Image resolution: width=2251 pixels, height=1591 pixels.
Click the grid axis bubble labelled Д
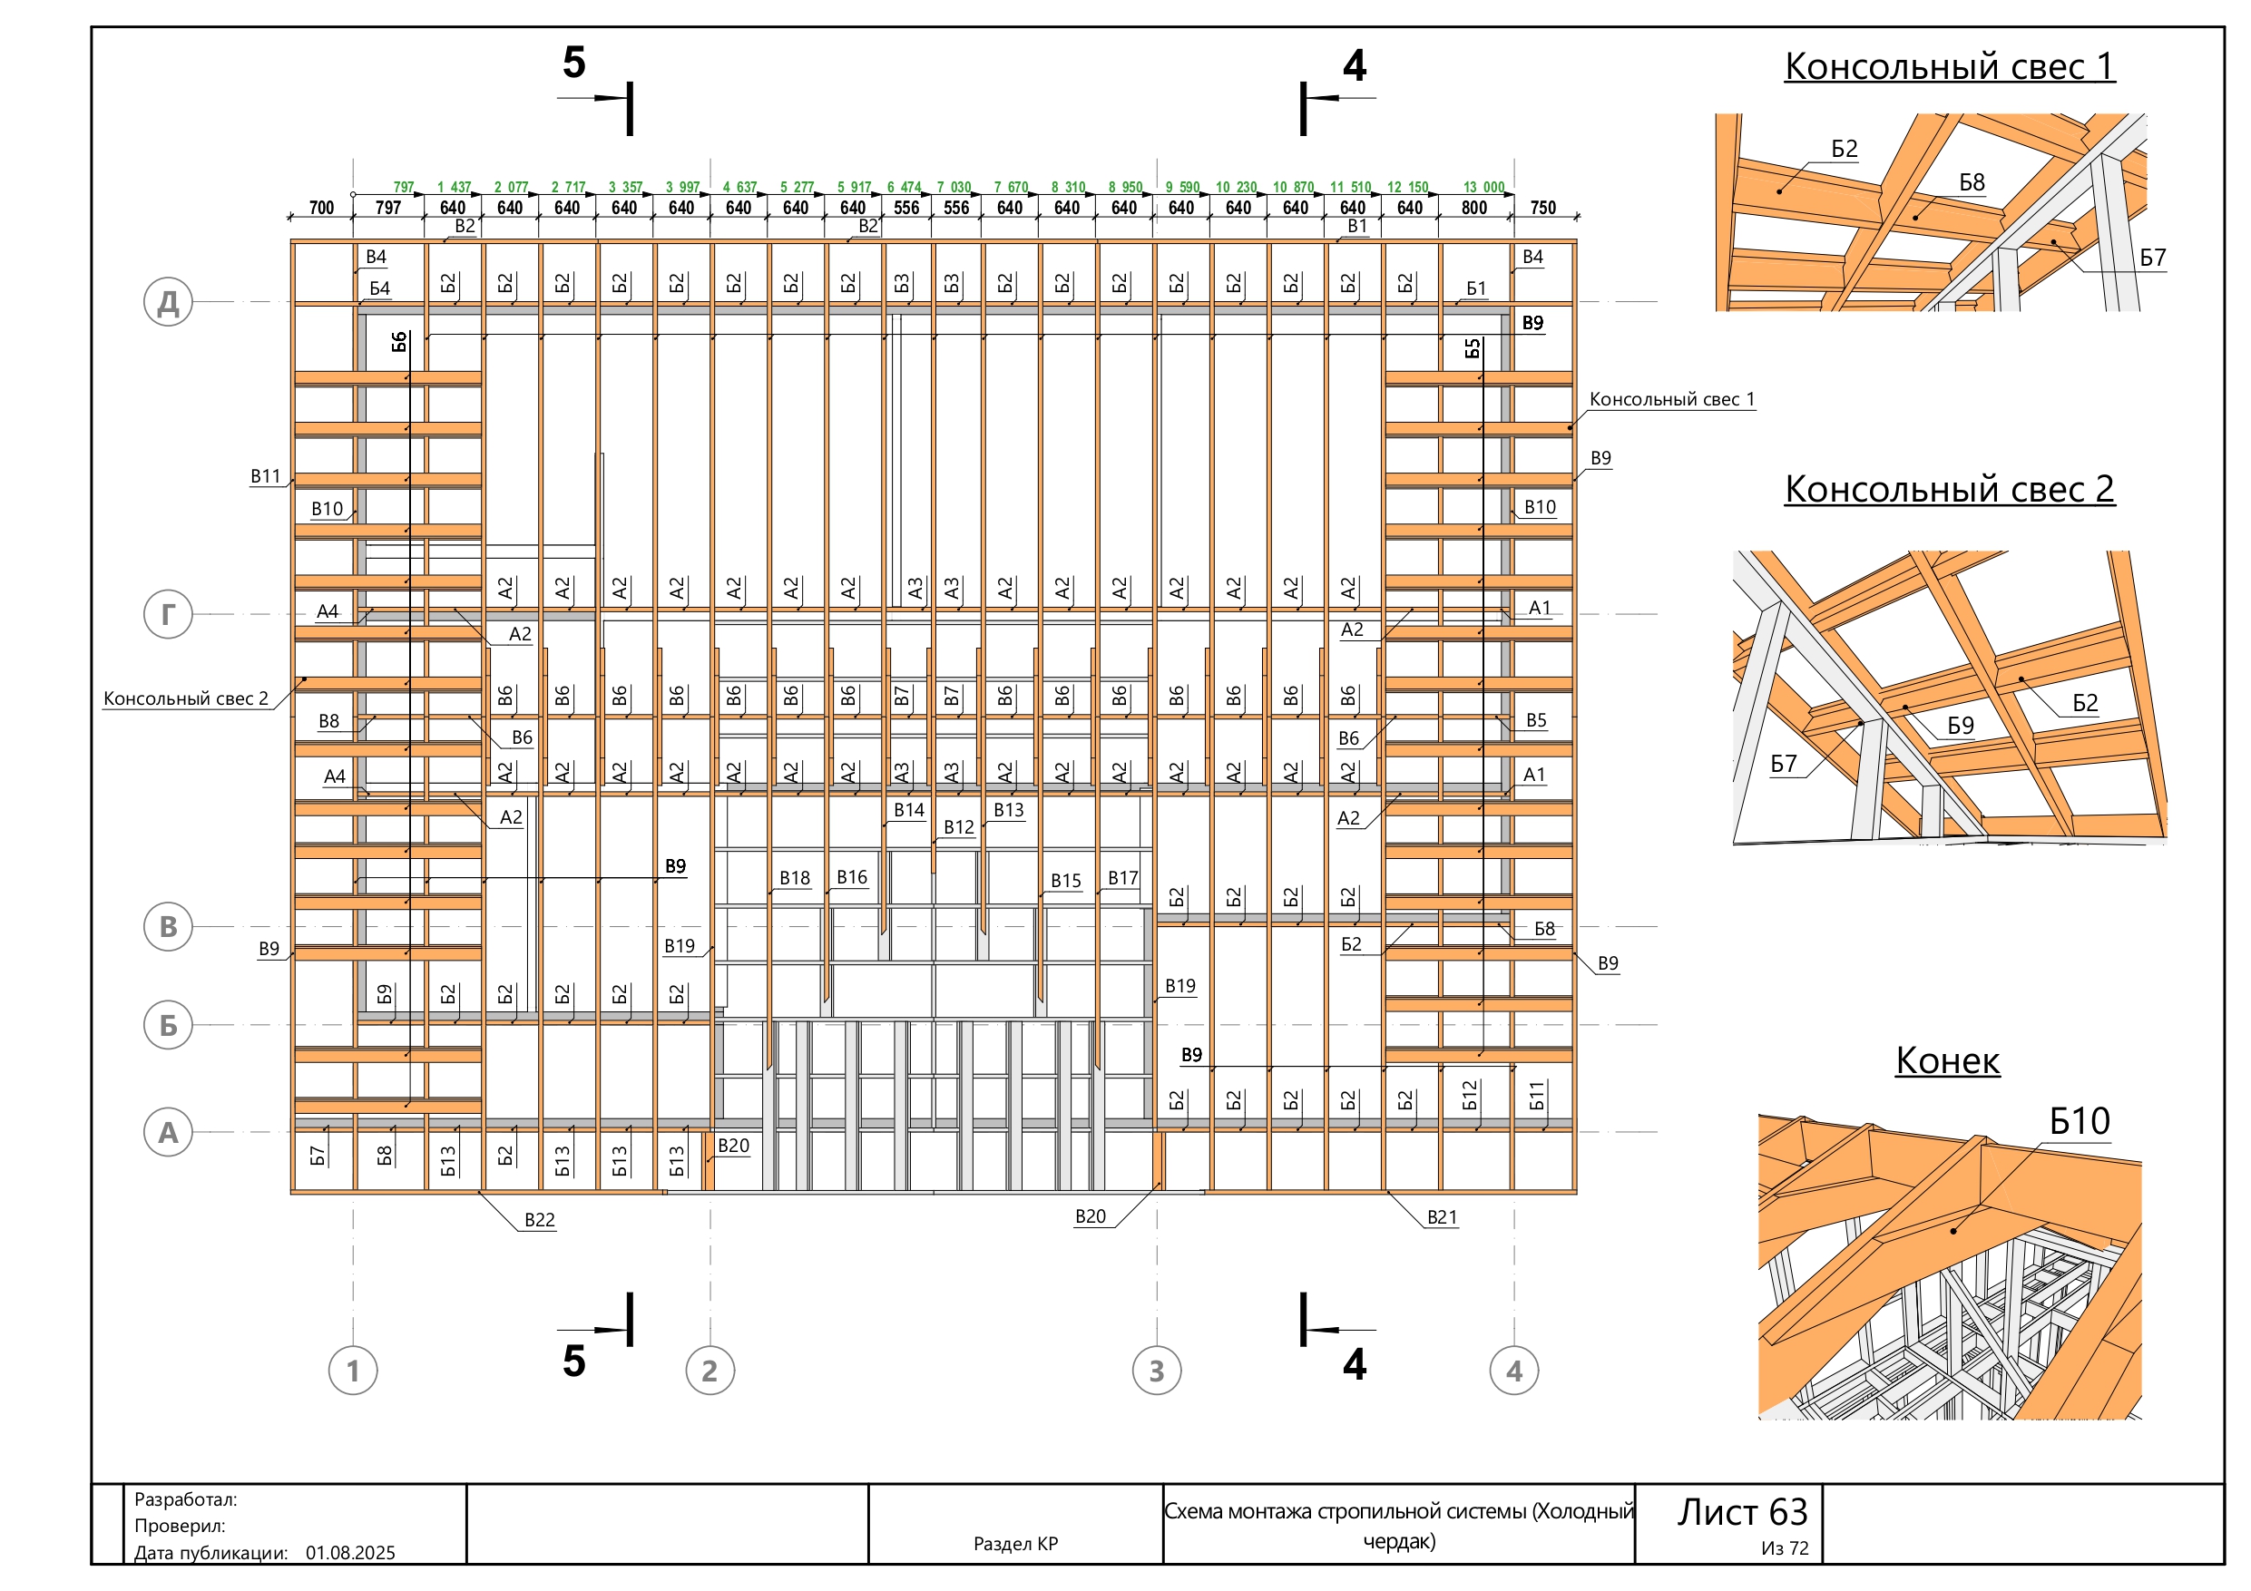[168, 302]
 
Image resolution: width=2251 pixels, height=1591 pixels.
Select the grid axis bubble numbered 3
[1157, 1371]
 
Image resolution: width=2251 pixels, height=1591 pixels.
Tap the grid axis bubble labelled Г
[168, 615]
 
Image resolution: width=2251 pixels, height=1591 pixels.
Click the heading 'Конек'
[1947, 1060]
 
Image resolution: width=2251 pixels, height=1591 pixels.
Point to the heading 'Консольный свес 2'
[1949, 489]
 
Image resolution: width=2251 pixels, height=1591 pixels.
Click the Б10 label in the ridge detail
[2080, 1121]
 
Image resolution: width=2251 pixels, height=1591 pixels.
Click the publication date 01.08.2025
[350, 1553]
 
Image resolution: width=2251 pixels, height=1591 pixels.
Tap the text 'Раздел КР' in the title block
[1015, 1544]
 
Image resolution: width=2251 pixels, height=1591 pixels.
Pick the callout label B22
[539, 1220]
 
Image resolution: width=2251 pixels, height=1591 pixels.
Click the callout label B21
[1443, 1217]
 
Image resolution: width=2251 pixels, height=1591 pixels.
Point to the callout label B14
[909, 811]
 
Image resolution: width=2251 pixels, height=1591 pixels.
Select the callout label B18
[794, 878]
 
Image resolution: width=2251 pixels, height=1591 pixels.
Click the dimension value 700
[321, 208]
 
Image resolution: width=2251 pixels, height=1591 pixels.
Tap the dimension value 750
[1543, 208]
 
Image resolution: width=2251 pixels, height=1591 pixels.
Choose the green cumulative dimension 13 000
[1483, 187]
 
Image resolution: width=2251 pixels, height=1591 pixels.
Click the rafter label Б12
[1469, 1095]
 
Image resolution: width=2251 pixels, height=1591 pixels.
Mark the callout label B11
[265, 476]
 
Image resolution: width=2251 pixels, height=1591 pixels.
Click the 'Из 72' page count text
[1785, 1549]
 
